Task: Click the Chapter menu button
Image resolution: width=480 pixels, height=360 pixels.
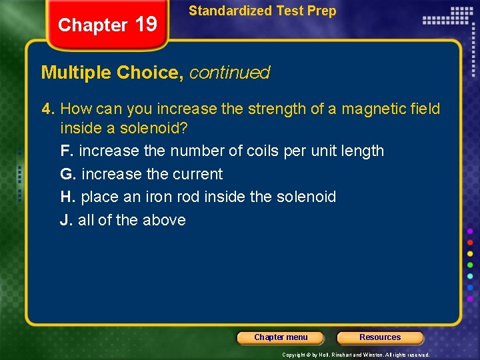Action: [x=281, y=337]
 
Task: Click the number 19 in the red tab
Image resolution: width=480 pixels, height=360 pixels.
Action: [x=145, y=25]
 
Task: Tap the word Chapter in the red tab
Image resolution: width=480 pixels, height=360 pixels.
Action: [x=93, y=25]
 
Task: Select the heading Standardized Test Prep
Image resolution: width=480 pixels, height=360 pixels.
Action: [x=262, y=11]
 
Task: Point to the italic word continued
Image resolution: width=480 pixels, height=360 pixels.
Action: [x=229, y=73]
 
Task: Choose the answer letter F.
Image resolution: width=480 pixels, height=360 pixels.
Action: [x=65, y=151]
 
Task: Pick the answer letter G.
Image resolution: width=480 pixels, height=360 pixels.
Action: [x=66, y=174]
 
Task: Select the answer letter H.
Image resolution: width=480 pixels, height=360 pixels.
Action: [x=66, y=197]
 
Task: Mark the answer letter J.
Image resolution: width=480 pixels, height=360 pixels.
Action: [x=65, y=220]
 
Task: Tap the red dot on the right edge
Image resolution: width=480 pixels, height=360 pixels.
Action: [x=470, y=242]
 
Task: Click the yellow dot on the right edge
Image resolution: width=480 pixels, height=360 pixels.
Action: [x=470, y=253]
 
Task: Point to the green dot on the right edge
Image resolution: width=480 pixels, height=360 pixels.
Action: [x=470, y=265]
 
